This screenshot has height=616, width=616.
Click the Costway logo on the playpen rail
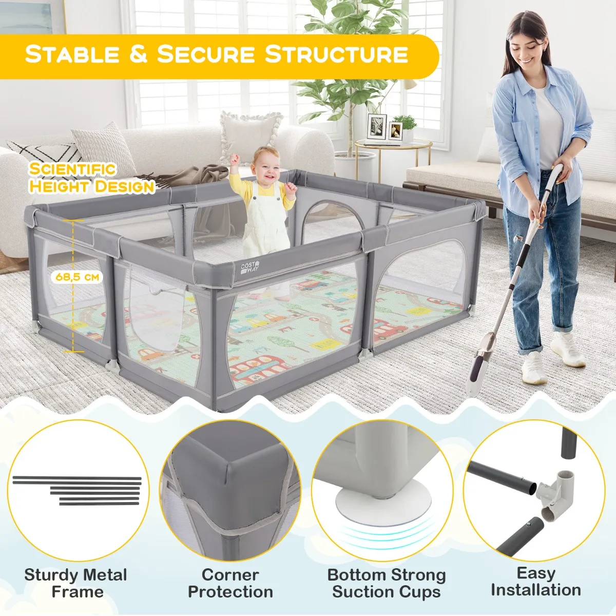[250, 268]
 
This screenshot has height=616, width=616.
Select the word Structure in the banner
[336, 54]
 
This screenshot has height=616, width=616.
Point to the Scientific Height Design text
[92, 178]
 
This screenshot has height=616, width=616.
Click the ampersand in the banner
[138, 54]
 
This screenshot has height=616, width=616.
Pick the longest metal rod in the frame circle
[76, 478]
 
